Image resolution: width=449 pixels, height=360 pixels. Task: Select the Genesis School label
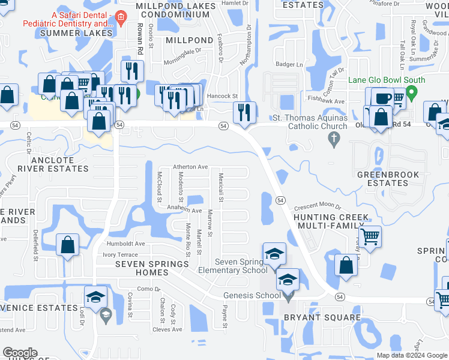click(x=252, y=295)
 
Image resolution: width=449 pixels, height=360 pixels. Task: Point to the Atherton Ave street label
click(x=190, y=167)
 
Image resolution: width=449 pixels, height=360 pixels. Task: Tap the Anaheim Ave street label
click(x=184, y=211)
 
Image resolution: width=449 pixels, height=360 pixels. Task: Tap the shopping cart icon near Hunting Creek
click(x=370, y=236)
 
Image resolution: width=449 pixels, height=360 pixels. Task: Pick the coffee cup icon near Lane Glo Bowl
click(x=382, y=98)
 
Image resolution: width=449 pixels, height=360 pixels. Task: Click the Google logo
click(x=20, y=353)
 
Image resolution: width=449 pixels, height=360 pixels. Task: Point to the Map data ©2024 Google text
click(x=411, y=355)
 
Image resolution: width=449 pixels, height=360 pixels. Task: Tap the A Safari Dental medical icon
click(x=121, y=16)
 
